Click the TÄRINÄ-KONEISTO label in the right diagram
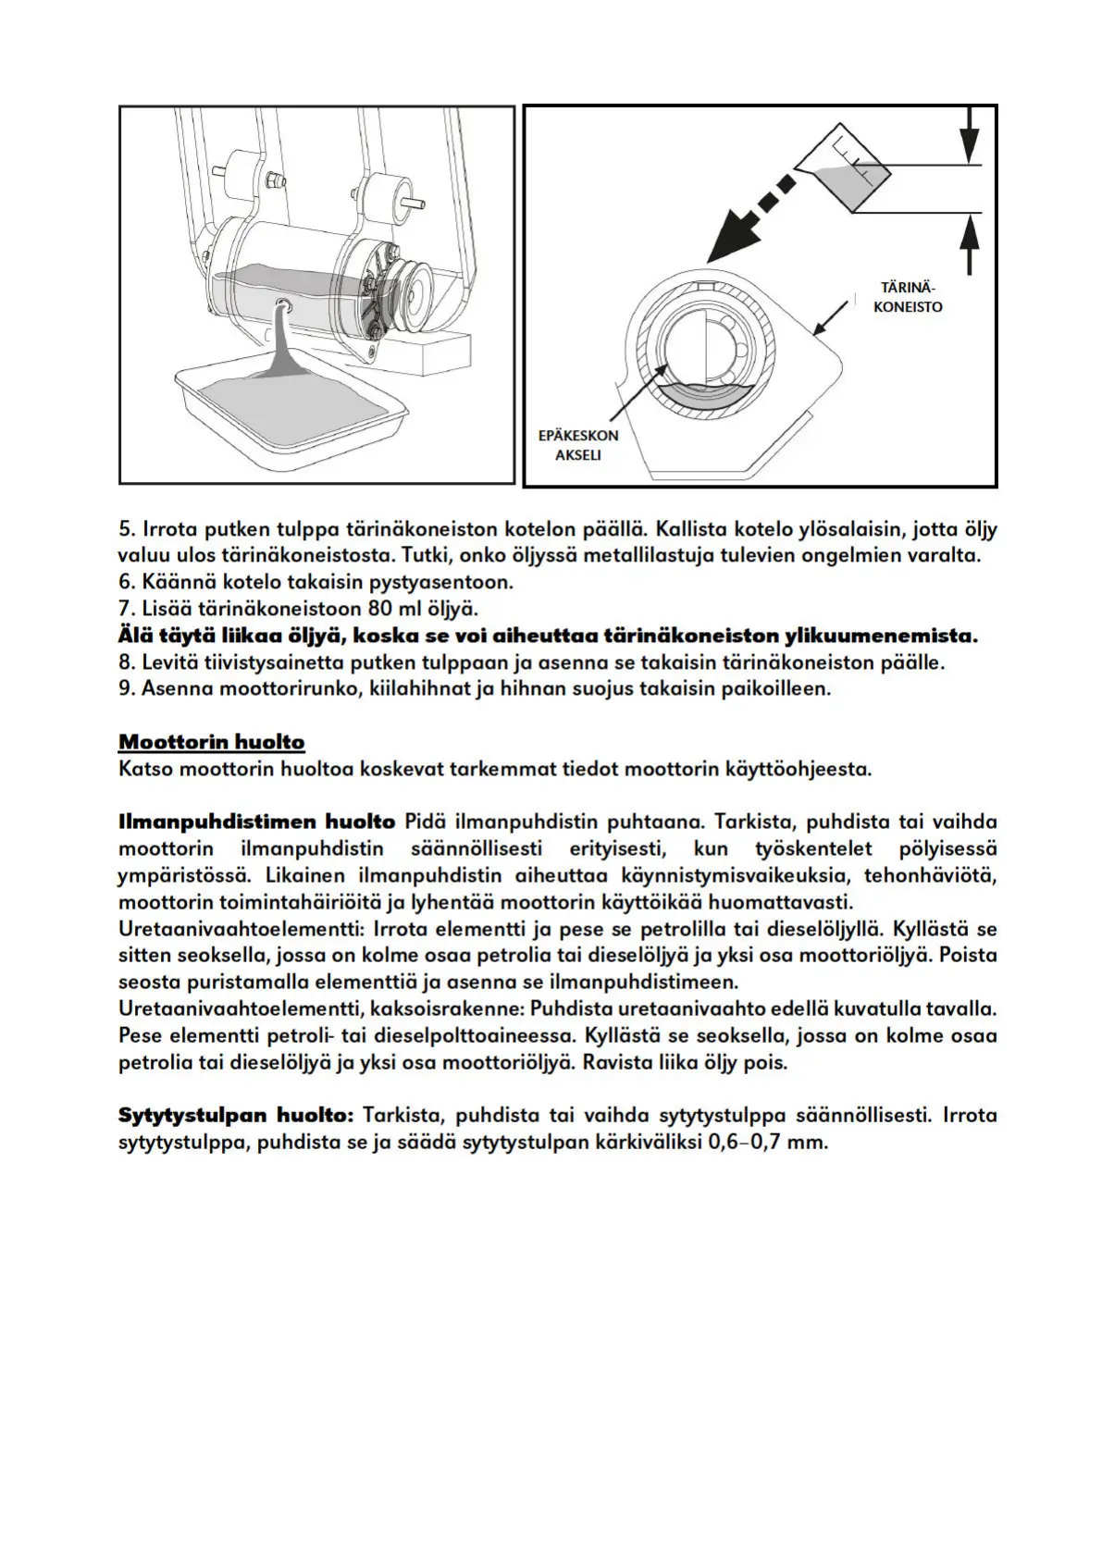[x=907, y=296]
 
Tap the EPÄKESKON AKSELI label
[x=578, y=444]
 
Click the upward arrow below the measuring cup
[x=969, y=242]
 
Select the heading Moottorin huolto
[x=211, y=742]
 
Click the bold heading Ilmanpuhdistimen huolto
[x=256, y=822]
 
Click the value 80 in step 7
[x=382, y=609]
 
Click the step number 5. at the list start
[x=128, y=530]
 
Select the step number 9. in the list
[x=128, y=689]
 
